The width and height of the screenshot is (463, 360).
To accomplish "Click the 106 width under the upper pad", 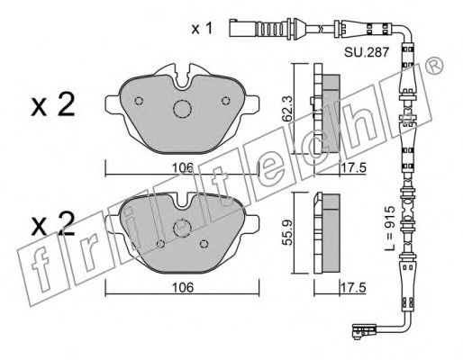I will point(184,165).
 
